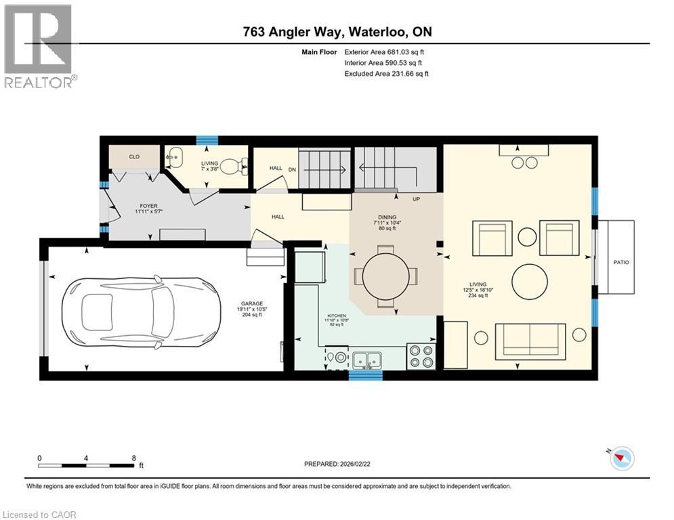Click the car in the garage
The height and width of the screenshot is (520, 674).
click(142, 311)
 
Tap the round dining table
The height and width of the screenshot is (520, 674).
click(385, 276)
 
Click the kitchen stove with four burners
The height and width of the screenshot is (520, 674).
click(421, 356)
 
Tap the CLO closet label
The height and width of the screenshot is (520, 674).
click(134, 157)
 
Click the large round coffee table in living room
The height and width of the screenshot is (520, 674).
click(530, 282)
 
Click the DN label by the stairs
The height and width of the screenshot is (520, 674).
click(293, 169)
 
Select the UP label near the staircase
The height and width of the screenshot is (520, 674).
click(417, 200)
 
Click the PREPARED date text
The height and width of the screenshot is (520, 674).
click(339, 464)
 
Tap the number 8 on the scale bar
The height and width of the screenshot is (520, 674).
click(133, 458)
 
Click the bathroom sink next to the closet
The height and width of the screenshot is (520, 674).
click(174, 157)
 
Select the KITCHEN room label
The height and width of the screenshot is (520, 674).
click(336, 316)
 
